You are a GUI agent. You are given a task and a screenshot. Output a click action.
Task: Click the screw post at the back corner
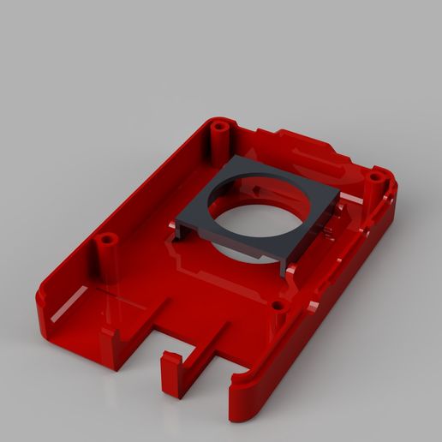tap(220, 128)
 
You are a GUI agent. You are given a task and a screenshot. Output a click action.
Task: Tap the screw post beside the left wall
tap(105, 242)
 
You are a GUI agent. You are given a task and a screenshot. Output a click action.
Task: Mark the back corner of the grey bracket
tap(236, 160)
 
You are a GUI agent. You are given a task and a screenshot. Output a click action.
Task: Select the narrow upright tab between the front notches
tap(171, 372)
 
